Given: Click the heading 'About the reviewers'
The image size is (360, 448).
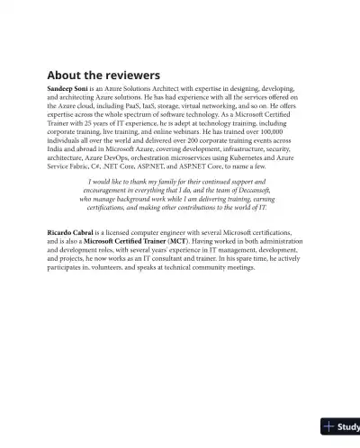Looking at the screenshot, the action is pyautogui.click(x=103, y=75).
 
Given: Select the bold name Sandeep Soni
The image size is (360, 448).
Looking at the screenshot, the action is pyautogui.click(x=70, y=90).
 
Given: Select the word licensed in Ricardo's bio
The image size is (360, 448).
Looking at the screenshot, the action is pyautogui.click(x=110, y=232).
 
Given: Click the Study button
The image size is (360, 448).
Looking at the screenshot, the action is pyautogui.click(x=341, y=426).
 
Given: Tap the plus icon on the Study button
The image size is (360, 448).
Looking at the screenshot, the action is pyautogui.click(x=329, y=426).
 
